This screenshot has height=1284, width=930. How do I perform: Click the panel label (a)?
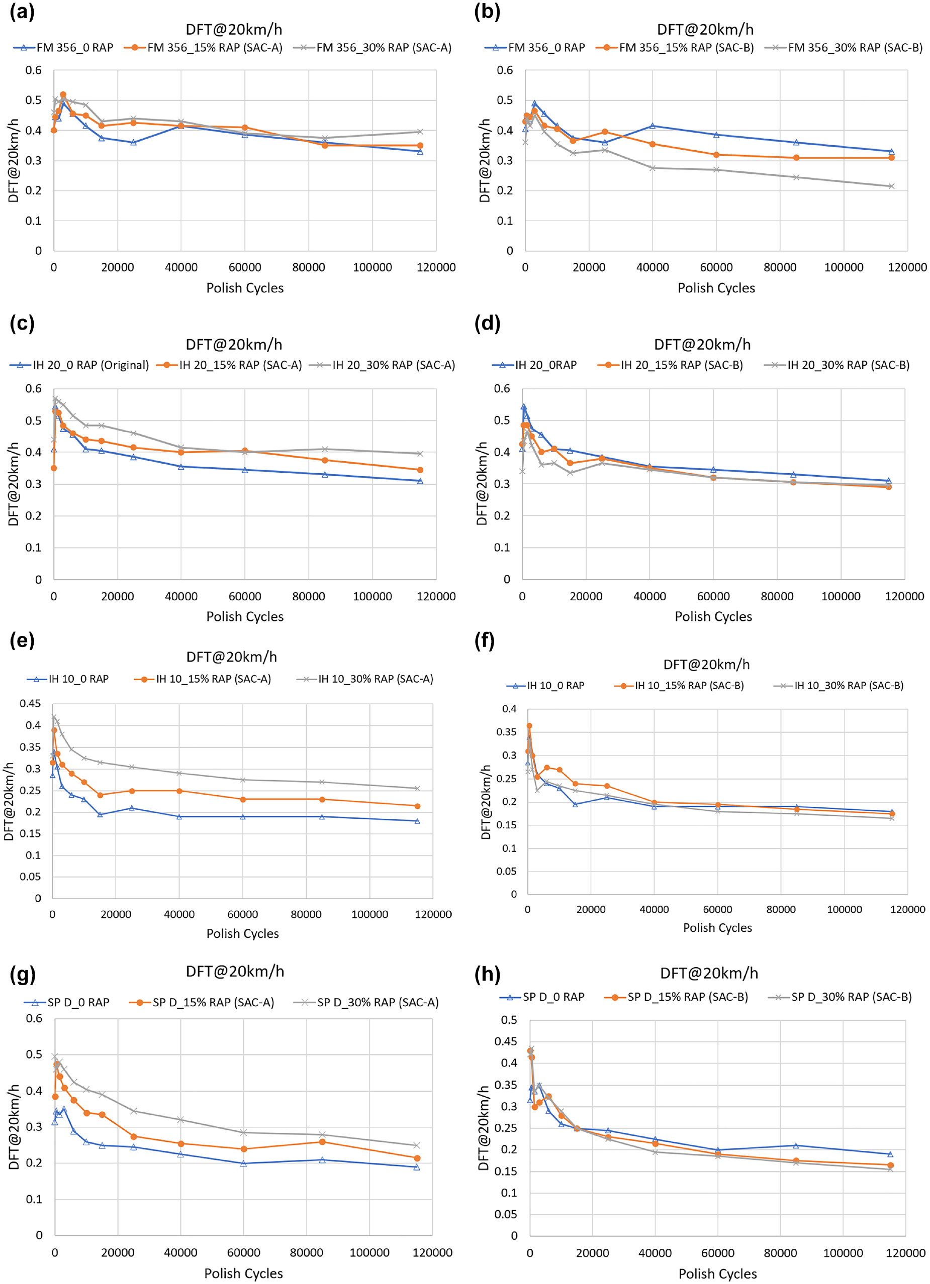22,12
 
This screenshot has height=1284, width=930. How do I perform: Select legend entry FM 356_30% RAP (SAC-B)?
844,48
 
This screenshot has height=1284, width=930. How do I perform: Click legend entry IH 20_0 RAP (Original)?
79,365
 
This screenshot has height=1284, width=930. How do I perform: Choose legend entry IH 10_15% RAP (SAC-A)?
203,679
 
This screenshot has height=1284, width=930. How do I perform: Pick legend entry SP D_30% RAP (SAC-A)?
366,1002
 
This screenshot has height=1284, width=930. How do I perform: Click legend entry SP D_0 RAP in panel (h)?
542,997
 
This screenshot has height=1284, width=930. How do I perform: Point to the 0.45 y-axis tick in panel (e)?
31,704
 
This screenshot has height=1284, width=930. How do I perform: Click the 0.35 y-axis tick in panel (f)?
506,732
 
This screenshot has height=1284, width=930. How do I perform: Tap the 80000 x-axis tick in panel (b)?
780,267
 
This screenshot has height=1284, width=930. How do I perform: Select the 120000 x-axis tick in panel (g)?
432,1252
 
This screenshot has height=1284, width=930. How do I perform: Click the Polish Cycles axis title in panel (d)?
713,616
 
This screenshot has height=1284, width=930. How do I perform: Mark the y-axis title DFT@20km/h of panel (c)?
14,484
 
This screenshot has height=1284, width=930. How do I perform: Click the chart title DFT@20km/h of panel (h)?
709,973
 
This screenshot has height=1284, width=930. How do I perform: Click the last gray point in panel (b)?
891,186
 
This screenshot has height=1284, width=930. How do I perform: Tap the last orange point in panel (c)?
420,470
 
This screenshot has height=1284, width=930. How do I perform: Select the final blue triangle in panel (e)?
417,821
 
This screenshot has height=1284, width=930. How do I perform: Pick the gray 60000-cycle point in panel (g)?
243,1132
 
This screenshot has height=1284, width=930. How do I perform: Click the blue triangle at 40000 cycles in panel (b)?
653,126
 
